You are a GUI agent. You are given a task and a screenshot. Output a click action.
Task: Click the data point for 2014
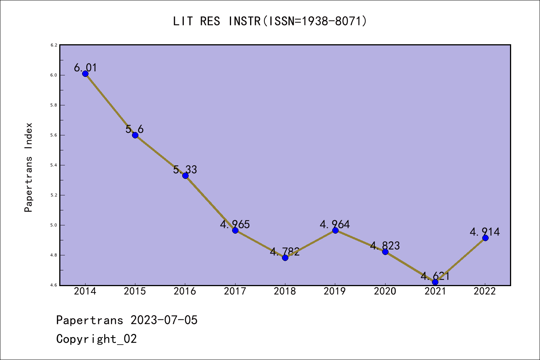(85, 73)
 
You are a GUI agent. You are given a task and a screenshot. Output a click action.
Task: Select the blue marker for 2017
(235, 230)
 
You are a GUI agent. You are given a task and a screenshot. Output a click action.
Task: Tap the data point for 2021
(435, 282)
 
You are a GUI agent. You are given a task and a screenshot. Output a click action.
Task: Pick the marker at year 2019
(335, 230)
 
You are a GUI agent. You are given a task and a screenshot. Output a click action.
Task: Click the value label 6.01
(85, 67)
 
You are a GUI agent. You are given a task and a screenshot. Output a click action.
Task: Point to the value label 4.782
(285, 251)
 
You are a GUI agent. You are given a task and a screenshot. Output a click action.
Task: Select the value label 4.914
(485, 232)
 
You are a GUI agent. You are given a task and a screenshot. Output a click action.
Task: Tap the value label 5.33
(185, 169)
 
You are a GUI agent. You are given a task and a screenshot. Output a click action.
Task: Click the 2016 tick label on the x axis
(185, 291)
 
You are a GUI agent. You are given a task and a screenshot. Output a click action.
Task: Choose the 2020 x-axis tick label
(385, 291)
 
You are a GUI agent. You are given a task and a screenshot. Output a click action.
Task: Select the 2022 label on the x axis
(485, 291)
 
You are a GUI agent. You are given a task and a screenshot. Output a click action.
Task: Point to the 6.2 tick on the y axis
(54, 45)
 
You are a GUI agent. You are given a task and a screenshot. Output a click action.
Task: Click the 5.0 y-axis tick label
(54, 225)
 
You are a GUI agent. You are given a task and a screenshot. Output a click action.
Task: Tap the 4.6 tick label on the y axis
(54, 285)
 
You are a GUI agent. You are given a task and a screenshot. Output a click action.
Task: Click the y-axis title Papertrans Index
(28, 167)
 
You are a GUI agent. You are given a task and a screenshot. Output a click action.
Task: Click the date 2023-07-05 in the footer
(164, 320)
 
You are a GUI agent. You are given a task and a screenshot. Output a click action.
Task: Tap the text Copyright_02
(96, 339)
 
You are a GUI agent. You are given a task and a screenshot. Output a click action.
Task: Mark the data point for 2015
(135, 135)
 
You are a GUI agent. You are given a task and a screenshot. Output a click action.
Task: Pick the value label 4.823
(385, 246)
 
